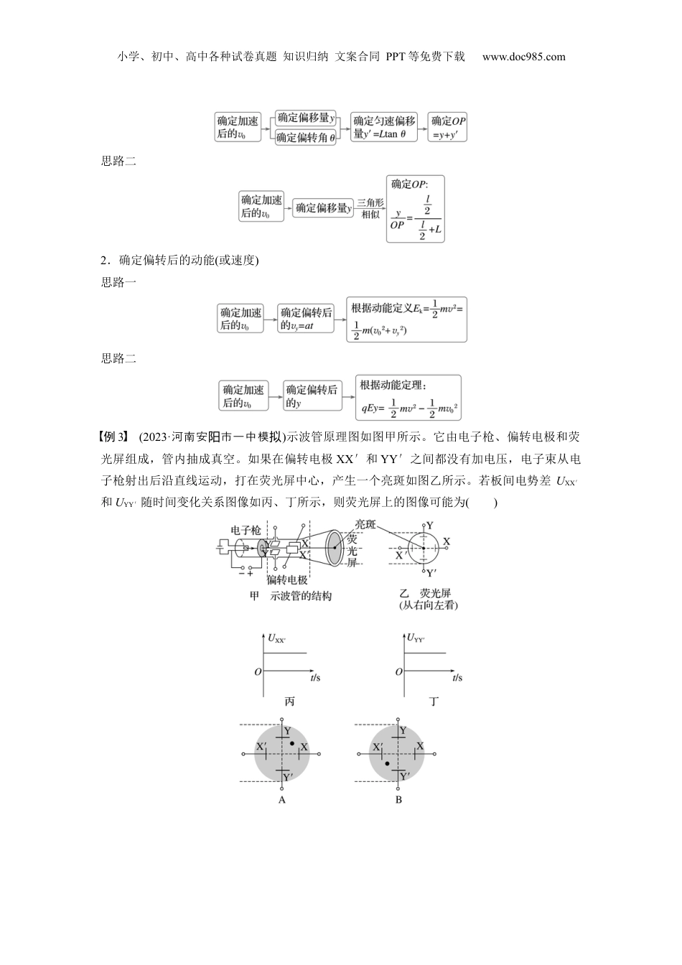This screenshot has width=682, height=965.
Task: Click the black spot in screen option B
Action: click(387, 763)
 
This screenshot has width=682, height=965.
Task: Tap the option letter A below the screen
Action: click(282, 799)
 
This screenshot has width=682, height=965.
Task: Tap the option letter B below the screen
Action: click(398, 799)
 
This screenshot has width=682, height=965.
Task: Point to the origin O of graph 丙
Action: click(258, 672)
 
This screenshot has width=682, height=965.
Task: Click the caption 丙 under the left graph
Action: click(289, 701)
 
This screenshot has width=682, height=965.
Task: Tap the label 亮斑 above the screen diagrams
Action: click(370, 525)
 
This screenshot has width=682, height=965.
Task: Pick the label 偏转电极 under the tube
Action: click(287, 580)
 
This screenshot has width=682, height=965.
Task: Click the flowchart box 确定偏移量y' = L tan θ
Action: click(385, 127)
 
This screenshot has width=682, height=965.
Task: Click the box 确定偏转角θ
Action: click(307, 137)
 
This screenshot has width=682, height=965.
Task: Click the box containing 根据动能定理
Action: click(408, 397)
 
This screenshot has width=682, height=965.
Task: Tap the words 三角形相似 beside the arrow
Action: click(370, 208)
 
